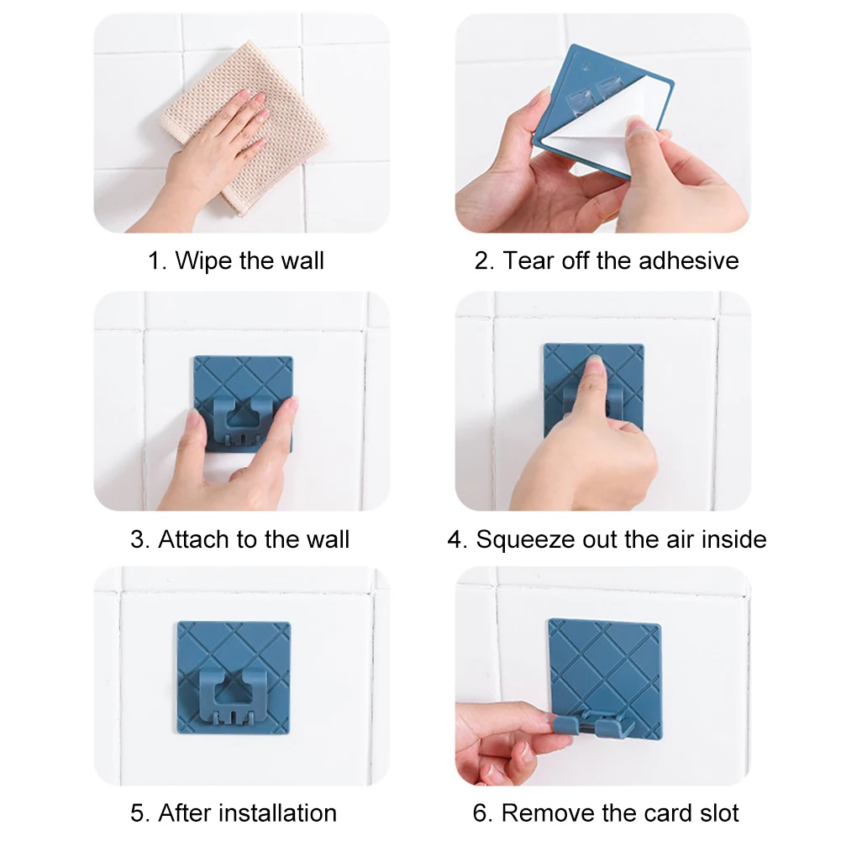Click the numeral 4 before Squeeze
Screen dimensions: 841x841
[455, 539]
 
